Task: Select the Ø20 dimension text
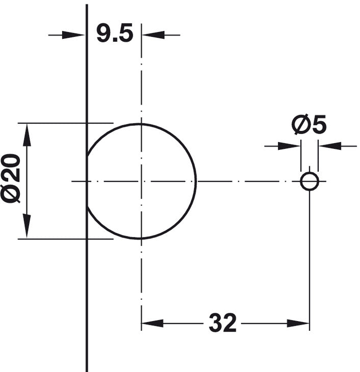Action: (x=11, y=178)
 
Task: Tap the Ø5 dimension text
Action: (x=309, y=125)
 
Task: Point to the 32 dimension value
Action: (x=223, y=323)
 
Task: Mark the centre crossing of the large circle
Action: (x=141, y=181)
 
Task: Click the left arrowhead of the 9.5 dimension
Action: (x=76, y=35)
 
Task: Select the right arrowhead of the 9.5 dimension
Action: (x=151, y=35)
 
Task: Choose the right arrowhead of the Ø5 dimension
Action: (x=327, y=146)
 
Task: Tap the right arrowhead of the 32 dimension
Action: (x=300, y=323)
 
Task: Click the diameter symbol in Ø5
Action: (x=300, y=125)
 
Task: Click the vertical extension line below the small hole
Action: (x=310, y=255)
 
